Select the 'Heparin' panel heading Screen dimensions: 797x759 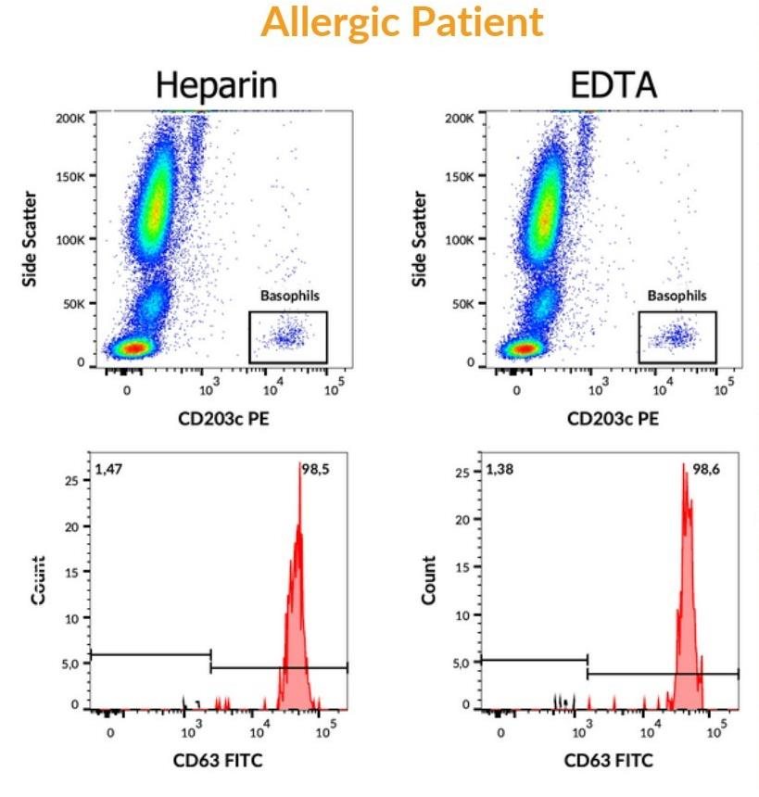pyautogui.click(x=217, y=84)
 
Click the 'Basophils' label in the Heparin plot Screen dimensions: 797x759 pyautogui.click(x=287, y=297)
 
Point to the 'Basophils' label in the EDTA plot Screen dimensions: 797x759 pyautogui.click(x=677, y=297)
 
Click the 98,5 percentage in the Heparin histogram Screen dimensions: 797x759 pyautogui.click(x=317, y=471)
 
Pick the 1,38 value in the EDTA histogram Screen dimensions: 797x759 pyautogui.click(x=500, y=471)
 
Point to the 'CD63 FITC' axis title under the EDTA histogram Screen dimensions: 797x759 pyautogui.click(x=609, y=761)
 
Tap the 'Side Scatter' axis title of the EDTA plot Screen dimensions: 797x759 pyautogui.click(x=422, y=238)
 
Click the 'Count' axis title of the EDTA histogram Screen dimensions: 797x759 pyautogui.click(x=429, y=580)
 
